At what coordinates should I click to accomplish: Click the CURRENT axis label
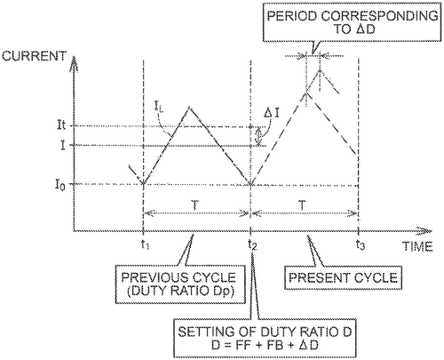click(x=34, y=56)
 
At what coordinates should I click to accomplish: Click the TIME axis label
click(x=417, y=246)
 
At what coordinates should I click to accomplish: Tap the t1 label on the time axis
click(x=145, y=244)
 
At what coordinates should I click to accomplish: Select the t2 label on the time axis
click(x=252, y=244)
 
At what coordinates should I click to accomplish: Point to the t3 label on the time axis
click(x=361, y=244)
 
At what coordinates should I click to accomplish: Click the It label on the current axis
click(x=61, y=125)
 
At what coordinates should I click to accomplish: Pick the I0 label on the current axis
click(x=59, y=185)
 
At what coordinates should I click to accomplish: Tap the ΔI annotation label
click(x=273, y=114)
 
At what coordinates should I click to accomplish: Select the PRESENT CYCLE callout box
click(x=343, y=277)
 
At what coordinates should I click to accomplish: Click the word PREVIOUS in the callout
click(x=154, y=278)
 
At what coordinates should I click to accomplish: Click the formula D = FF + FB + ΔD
click(x=265, y=345)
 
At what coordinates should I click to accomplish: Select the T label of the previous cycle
click(x=194, y=205)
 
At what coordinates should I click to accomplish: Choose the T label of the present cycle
click(x=302, y=205)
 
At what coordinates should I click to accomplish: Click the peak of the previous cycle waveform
click(x=189, y=108)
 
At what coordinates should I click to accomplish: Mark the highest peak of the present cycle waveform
click(x=320, y=70)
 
